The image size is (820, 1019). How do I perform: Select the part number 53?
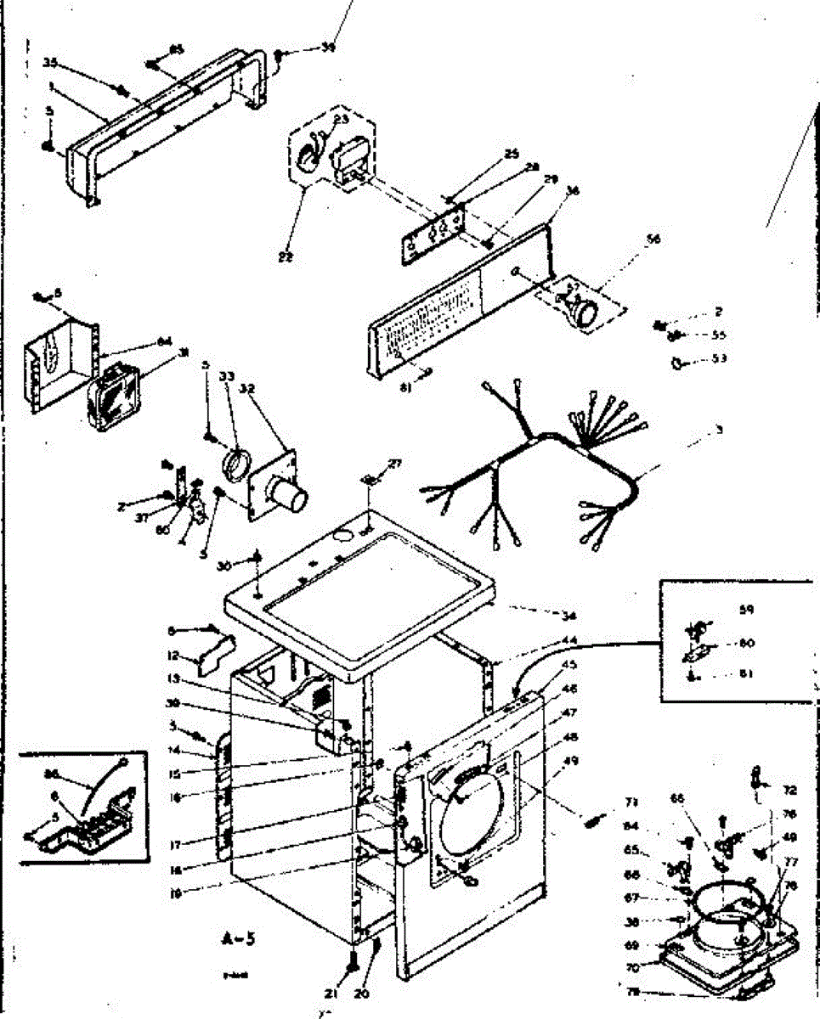[720, 359]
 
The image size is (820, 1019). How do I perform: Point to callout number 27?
[393, 464]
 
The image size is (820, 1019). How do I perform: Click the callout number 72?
[790, 791]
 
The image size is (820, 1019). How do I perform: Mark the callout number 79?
[632, 991]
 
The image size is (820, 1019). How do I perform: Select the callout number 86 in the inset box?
[53, 774]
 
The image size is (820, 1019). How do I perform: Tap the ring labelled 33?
[234, 465]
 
